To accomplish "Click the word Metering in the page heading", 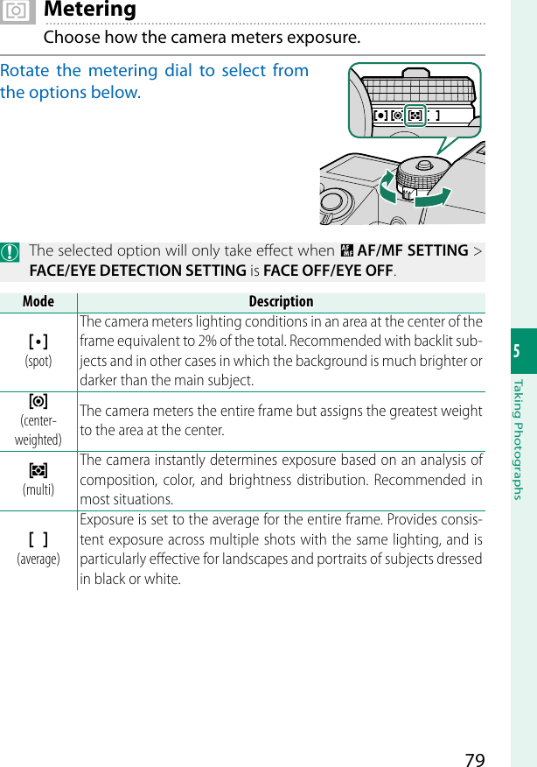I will pos(90,10).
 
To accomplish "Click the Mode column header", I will pos(38,301).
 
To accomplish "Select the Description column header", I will pos(281,301).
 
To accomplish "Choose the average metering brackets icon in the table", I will pos(38,538).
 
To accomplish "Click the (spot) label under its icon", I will pos(38,361).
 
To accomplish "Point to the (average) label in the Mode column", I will pos(38,559).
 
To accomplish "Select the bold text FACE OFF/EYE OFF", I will pos(329,271).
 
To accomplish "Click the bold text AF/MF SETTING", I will pos(413,251).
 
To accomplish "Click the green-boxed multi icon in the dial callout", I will pos(415,115).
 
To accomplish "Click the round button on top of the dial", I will pos(423,164).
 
